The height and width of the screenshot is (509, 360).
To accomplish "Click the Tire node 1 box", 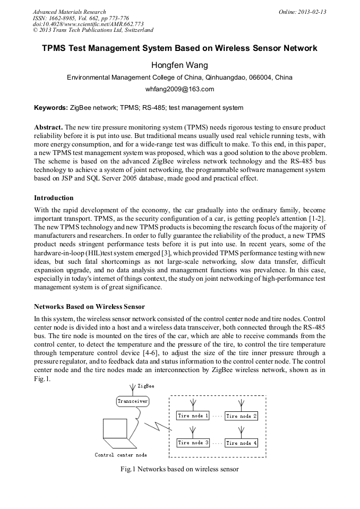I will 193,416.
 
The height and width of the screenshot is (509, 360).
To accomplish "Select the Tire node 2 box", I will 242,416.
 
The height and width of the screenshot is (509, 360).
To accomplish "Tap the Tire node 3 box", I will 193,443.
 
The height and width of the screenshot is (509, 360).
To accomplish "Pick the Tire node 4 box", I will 242,443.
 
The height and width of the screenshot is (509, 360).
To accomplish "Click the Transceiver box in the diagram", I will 132,401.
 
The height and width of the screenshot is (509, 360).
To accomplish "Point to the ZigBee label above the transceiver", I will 147,386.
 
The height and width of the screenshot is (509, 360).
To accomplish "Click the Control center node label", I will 121,455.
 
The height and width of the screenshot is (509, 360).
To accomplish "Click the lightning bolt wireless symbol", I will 159,425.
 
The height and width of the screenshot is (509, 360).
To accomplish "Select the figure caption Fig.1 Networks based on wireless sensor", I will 179,469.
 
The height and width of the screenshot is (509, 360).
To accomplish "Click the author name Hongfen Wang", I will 179,65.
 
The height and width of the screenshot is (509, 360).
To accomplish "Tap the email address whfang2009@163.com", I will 179,89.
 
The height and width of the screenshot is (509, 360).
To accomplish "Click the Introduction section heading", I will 54,198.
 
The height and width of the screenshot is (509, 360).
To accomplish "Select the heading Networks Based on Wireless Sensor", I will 89,307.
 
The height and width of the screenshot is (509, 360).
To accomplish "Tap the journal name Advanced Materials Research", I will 69,12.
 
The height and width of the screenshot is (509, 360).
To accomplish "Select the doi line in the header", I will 88,24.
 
